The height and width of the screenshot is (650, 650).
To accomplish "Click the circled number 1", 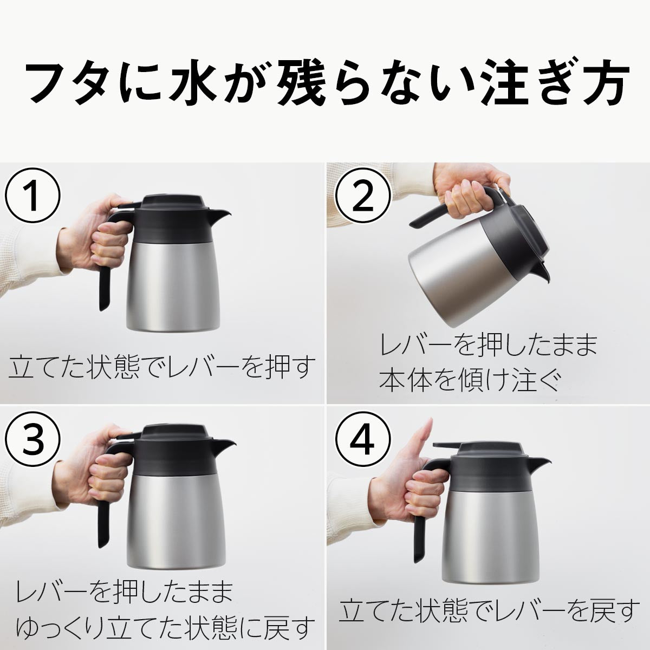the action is [x=32, y=196].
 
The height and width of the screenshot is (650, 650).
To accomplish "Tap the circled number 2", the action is [x=362, y=196].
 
